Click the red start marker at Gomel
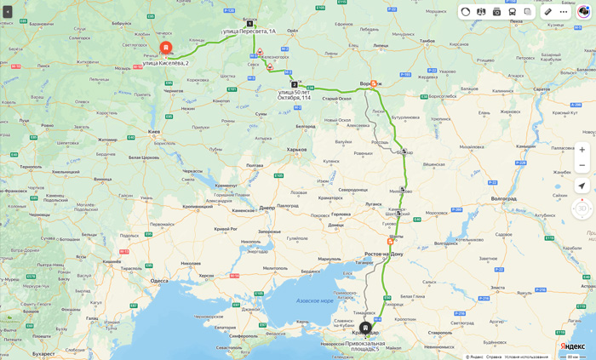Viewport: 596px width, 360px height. (x=165, y=48)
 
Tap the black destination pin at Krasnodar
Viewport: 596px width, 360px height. (x=365, y=328)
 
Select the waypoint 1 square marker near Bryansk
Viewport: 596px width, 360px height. (x=249, y=24)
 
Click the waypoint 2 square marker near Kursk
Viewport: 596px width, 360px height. (x=295, y=84)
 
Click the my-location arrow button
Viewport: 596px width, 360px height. (x=582, y=186)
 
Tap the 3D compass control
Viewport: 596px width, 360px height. (x=582, y=208)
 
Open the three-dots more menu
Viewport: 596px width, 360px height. (x=563, y=12)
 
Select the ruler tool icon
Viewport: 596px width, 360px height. (x=547, y=12)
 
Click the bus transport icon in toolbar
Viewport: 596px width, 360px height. (x=512, y=12)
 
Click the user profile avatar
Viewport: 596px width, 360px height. (x=583, y=12)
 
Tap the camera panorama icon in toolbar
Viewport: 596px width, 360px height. (x=496, y=12)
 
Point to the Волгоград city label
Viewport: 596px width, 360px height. (x=503, y=198)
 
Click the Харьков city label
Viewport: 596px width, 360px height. (x=296, y=150)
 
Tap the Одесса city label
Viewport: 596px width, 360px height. (x=159, y=280)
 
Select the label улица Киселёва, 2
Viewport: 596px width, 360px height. (x=165, y=63)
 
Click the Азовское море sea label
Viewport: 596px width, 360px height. (x=315, y=300)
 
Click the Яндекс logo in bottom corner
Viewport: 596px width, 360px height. (x=572, y=346)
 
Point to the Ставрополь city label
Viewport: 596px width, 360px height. (x=440, y=332)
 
